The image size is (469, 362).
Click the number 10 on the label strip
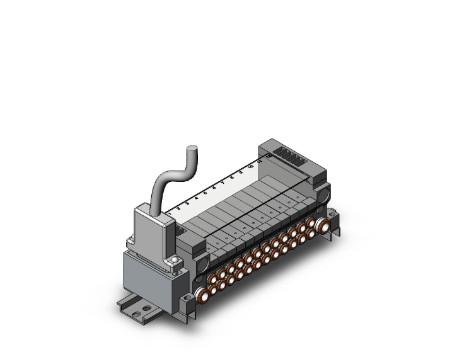251,166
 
